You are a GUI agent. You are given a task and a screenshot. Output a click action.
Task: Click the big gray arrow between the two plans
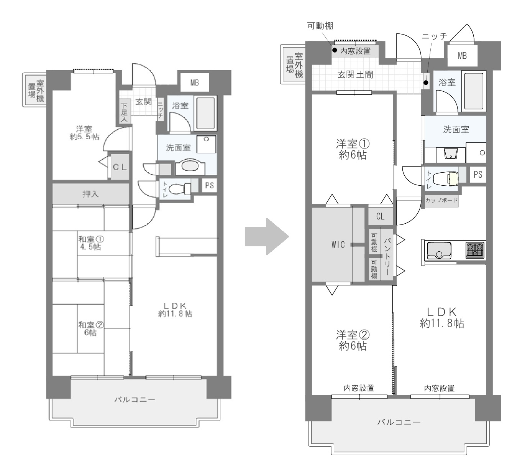pos(266,237)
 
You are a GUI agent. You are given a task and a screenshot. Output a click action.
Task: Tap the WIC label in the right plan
pos(338,245)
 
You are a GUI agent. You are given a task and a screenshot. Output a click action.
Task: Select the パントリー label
pos(387,256)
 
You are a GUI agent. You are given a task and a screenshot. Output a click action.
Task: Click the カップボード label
pos(441,200)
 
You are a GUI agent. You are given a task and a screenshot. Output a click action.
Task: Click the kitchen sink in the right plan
pos(439,251)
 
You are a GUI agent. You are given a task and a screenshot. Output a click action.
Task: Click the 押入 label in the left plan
pos(90,194)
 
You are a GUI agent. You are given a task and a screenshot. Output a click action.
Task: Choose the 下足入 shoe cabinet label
pos(124,112)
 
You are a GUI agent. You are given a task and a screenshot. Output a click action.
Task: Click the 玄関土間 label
pos(355,75)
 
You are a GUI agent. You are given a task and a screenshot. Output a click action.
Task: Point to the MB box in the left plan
pos(195,82)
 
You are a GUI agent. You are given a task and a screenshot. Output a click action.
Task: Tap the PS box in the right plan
pos(478,175)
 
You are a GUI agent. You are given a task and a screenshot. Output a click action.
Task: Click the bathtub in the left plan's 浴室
pos(207,113)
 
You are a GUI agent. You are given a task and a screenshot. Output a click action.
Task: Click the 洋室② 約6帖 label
pos(353,340)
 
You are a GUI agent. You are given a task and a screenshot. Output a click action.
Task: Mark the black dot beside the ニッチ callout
pos(426,83)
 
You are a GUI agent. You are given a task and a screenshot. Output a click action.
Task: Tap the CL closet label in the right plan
pos(380,216)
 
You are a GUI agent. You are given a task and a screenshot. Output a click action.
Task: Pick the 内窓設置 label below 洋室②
pos(359,388)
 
